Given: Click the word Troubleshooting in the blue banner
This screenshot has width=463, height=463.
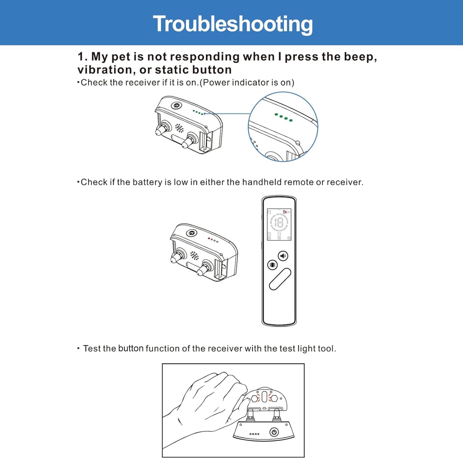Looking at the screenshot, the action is click(x=233, y=24).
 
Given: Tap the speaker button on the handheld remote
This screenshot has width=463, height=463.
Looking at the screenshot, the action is click(x=283, y=256).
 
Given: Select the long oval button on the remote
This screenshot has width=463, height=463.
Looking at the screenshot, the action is click(x=280, y=279).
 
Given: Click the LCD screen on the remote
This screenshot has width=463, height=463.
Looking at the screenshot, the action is click(x=279, y=225).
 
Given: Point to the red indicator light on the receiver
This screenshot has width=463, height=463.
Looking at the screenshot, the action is click(x=209, y=238).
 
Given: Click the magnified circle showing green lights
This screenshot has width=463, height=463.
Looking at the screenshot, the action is click(x=283, y=126).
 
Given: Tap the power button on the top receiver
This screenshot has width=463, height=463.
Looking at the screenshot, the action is click(x=176, y=106).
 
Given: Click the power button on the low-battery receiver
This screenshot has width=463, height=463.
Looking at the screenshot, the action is click(x=191, y=233).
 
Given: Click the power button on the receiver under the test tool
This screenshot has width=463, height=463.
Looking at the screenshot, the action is click(x=274, y=432).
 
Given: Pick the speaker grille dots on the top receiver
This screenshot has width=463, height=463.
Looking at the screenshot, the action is click(x=180, y=128).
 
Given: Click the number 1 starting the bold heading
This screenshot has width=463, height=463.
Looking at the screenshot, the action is click(x=81, y=57).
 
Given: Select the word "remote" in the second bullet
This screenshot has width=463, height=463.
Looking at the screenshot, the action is click(x=299, y=182).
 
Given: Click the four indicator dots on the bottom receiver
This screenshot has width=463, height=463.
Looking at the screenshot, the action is click(x=254, y=434).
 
